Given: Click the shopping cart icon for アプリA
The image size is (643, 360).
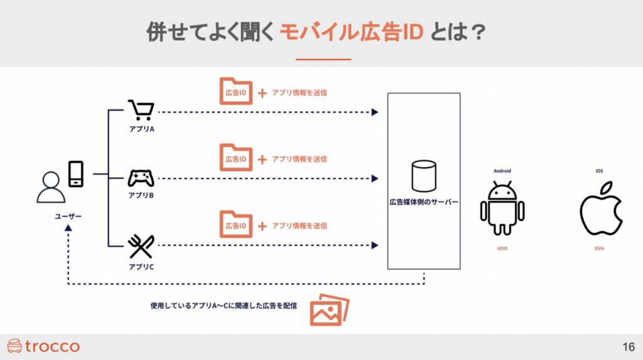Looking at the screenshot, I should [x=141, y=111].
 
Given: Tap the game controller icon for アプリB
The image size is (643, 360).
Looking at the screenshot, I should [x=141, y=178].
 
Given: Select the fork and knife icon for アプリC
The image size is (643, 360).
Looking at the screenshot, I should [x=141, y=247].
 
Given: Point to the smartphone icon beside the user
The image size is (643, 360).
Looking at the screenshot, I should [x=76, y=173].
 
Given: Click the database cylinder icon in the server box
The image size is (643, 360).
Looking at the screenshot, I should [x=423, y=176].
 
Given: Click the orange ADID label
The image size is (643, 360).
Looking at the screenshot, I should [x=502, y=249].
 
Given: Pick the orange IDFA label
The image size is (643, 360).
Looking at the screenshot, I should [x=600, y=249].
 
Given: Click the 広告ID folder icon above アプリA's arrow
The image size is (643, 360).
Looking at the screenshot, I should [x=235, y=92].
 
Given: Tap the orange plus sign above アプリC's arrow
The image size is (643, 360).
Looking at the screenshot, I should [x=262, y=226].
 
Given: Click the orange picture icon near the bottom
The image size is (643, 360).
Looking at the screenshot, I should [x=329, y=309].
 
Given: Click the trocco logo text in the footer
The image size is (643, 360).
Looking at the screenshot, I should [x=53, y=346].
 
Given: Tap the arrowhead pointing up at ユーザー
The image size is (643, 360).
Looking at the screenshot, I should [x=68, y=231].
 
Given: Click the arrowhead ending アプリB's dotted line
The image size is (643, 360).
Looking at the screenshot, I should [x=375, y=179].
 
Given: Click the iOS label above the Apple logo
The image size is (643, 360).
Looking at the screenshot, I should [x=600, y=170].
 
